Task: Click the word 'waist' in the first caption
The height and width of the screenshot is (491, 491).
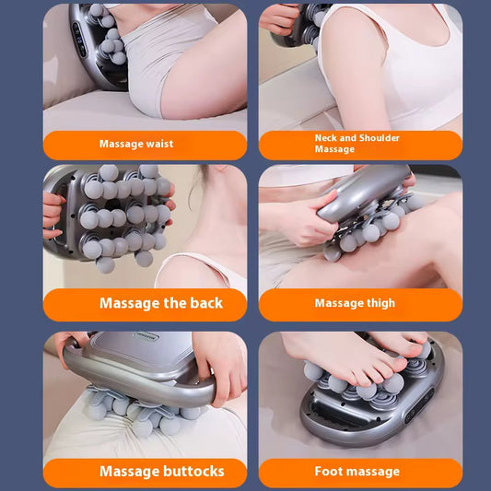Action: coord(158,145)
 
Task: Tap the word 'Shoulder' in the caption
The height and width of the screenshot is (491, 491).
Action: coord(378,138)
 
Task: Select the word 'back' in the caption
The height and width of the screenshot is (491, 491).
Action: coord(205,303)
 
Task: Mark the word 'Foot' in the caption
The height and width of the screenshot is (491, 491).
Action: coord(329,471)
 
